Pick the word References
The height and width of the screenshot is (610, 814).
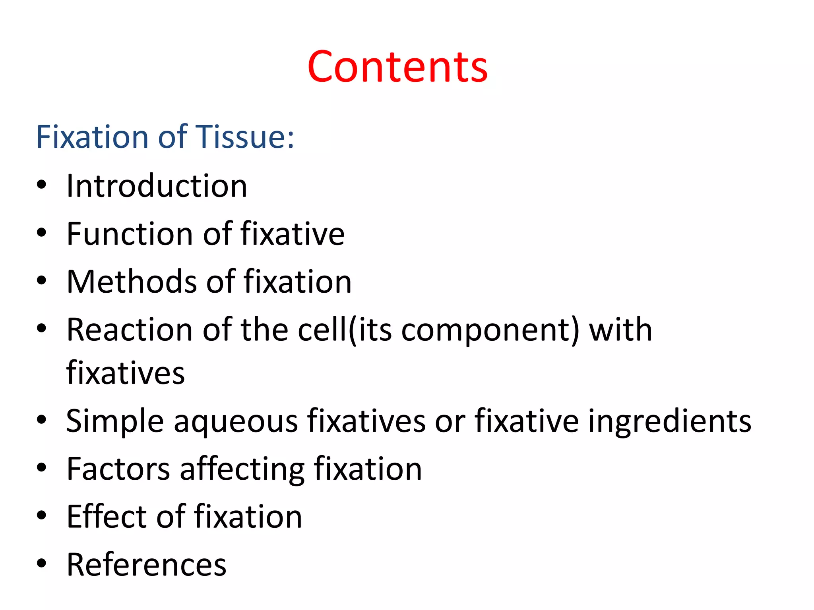[x=146, y=565]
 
